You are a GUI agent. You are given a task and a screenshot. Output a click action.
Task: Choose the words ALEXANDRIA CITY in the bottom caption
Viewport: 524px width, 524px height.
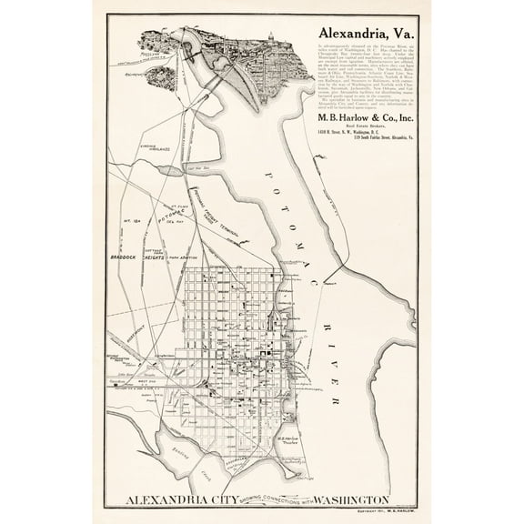(183, 499)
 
